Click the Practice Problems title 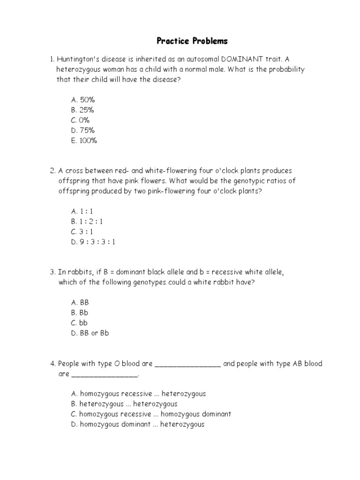click(192, 41)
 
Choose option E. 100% click(84, 141)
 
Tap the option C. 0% click(80, 120)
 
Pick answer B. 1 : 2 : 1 click(87, 221)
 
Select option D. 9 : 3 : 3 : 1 click(93, 242)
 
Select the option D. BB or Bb click(90, 333)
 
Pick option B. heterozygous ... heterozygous click(124, 404)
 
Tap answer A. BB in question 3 click(80, 302)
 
